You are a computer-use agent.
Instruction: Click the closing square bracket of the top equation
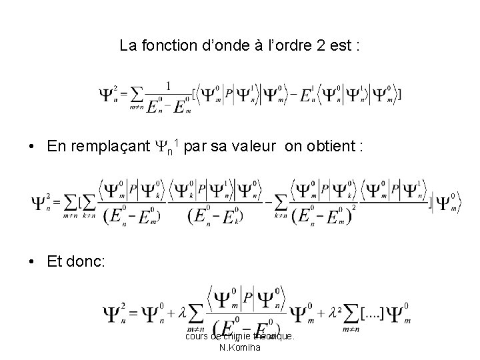coord(399,95)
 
